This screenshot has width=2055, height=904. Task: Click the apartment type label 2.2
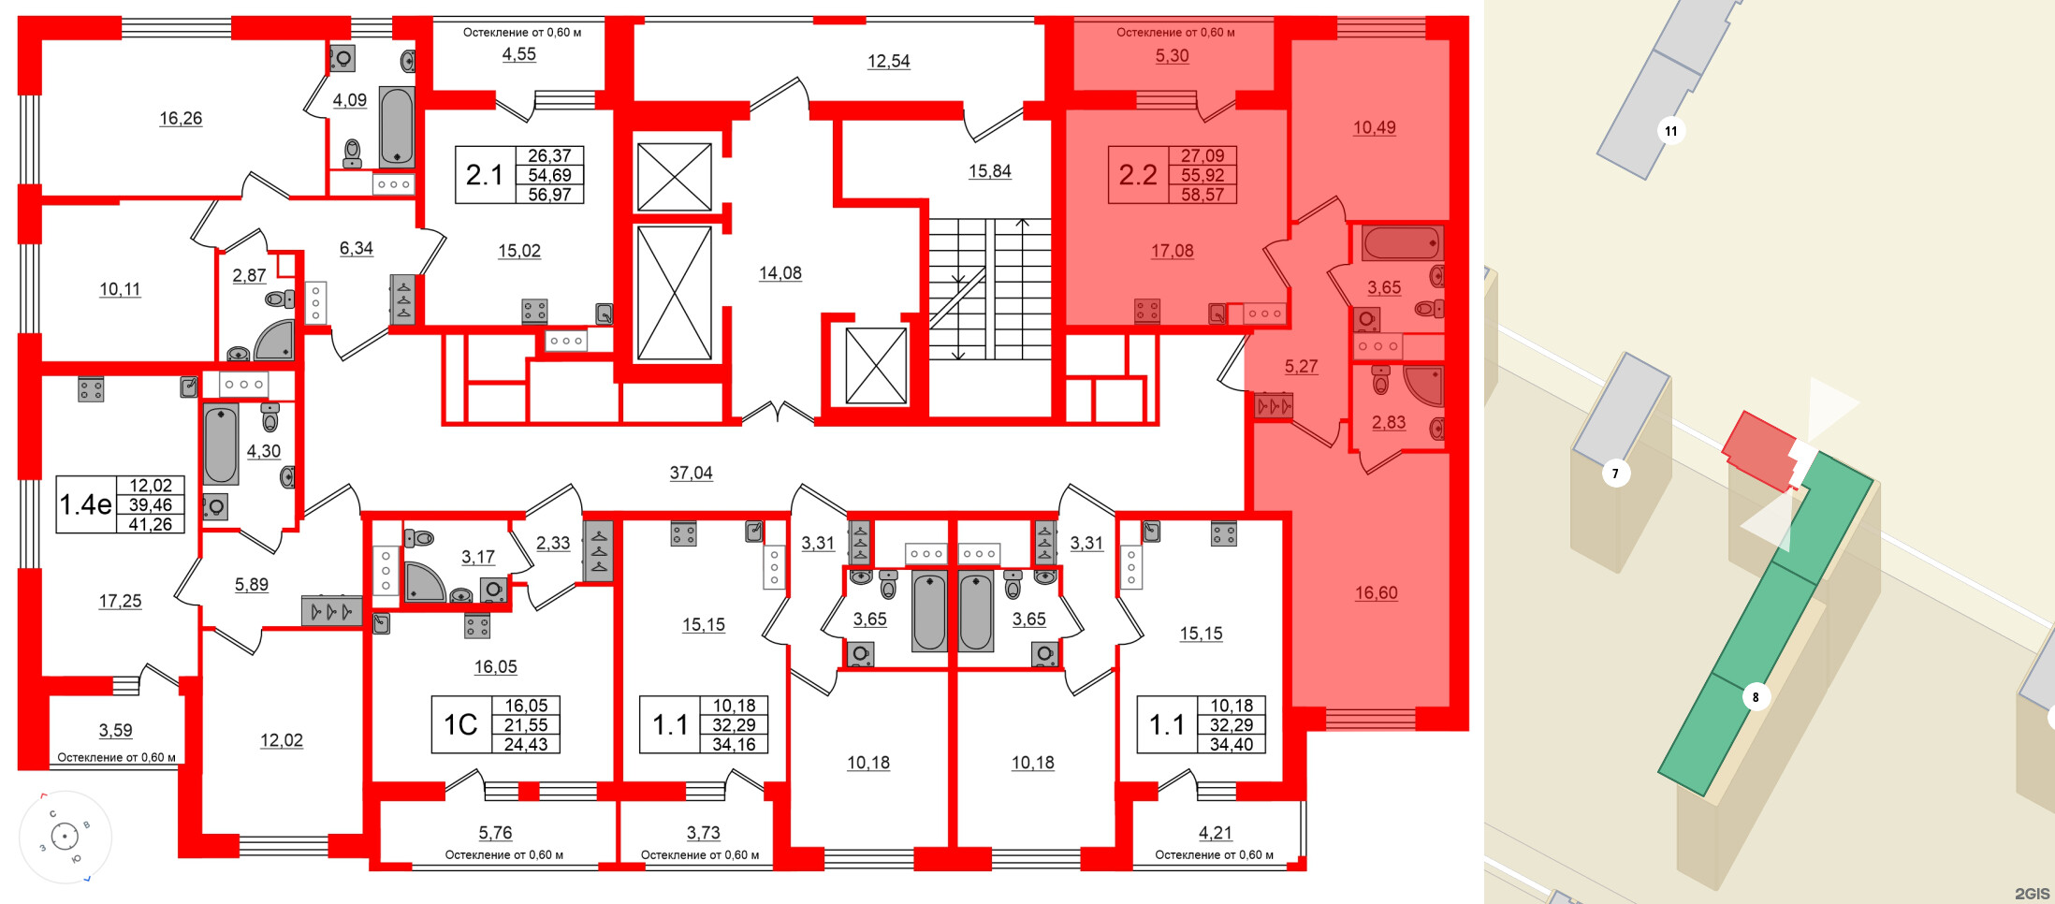click(x=1138, y=175)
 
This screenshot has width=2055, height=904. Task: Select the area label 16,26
click(x=181, y=119)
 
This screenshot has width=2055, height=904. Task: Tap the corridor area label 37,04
click(x=691, y=474)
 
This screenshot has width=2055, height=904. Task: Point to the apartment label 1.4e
click(x=85, y=505)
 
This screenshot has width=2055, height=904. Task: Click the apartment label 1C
click(x=460, y=725)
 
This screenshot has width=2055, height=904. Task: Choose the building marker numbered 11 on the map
click(x=1671, y=131)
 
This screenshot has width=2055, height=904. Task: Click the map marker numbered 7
click(x=1615, y=474)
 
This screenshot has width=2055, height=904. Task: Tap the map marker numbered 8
click(x=1756, y=697)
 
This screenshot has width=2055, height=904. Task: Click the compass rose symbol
click(x=65, y=836)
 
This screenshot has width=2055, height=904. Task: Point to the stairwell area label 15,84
click(x=989, y=171)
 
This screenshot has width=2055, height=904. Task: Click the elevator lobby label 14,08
click(x=780, y=273)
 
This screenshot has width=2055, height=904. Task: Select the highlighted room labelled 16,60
click(x=1376, y=593)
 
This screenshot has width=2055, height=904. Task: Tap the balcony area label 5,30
click(x=1172, y=56)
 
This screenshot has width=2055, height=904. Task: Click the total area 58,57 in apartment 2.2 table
click(x=1202, y=195)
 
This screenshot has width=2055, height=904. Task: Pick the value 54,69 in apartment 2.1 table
click(x=549, y=175)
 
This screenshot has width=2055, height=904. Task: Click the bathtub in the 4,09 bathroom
click(x=397, y=127)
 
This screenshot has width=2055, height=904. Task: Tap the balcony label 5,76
click(x=495, y=833)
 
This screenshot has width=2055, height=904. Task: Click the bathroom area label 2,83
click(x=1389, y=423)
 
